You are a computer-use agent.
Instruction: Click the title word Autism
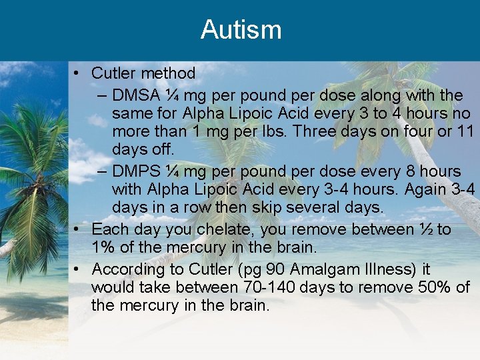tap(241, 30)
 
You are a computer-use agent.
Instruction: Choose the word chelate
tap(226, 230)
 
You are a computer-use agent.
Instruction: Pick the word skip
tap(275, 208)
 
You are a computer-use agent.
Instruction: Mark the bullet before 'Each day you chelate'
tap(78, 230)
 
